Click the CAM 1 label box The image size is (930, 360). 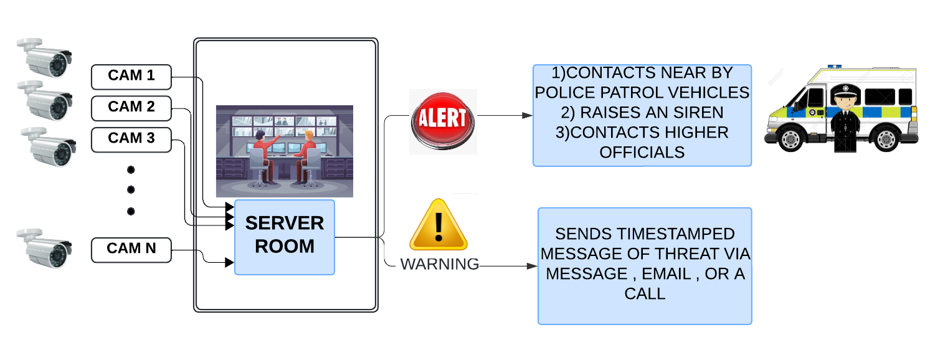[131, 77]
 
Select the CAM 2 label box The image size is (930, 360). [131, 107]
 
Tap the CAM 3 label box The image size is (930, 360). [131, 138]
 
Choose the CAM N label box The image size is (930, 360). [131, 249]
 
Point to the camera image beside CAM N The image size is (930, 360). [44, 249]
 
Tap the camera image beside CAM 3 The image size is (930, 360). [49, 148]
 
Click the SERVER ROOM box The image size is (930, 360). [285, 236]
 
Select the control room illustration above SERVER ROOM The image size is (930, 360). [285, 151]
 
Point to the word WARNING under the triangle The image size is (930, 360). [439, 264]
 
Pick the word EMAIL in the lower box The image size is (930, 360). [667, 273]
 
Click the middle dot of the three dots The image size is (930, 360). [131, 190]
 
